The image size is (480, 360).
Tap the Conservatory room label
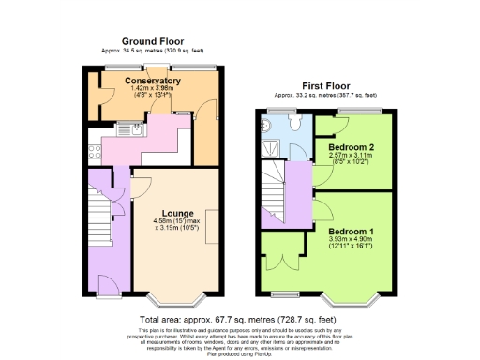[x=152, y=82]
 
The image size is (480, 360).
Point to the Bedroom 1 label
[x=352, y=231]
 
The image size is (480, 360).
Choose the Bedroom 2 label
[x=352, y=148]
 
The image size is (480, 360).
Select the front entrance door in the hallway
[x=106, y=284]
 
